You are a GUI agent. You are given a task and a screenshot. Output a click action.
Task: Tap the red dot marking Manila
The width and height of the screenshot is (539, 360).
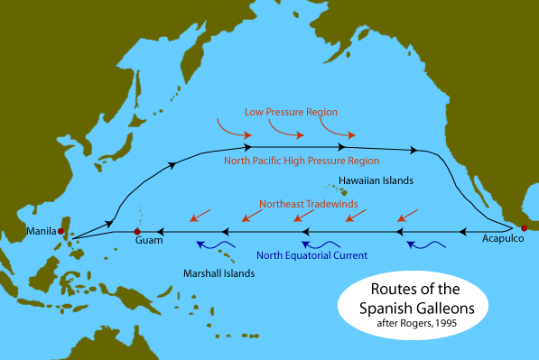[x=61, y=232]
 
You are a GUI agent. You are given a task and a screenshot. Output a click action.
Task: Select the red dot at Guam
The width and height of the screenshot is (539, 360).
[x=138, y=231]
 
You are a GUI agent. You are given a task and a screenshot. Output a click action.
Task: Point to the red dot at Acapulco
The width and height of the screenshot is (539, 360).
[x=524, y=227]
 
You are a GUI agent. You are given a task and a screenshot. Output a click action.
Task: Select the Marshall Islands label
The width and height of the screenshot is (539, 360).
[x=218, y=272]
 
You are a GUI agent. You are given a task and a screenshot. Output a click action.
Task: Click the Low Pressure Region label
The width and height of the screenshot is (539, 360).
[x=291, y=112]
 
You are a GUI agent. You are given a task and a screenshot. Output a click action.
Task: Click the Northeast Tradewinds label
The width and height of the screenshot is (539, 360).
[x=308, y=204]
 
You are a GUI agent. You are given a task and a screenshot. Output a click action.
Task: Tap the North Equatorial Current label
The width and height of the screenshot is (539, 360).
[x=311, y=255]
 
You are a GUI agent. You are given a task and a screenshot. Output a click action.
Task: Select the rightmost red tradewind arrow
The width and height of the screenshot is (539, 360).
[x=408, y=215]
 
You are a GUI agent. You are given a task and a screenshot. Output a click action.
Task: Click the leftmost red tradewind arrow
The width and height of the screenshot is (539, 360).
[x=200, y=215]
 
